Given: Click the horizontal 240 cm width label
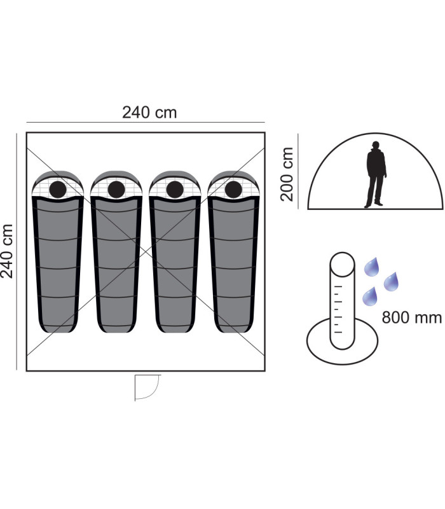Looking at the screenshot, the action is (x=149, y=113).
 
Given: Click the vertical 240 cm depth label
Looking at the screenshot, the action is (x=7, y=251).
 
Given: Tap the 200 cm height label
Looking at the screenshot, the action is (x=287, y=174).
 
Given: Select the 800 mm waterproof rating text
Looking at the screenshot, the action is (x=411, y=317).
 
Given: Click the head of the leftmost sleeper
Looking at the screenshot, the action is (x=58, y=190).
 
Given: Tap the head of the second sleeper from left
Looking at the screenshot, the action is (x=116, y=190).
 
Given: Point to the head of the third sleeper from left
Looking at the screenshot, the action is (x=175, y=190).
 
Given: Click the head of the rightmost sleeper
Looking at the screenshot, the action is (x=233, y=190).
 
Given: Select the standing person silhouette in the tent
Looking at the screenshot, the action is (x=376, y=174).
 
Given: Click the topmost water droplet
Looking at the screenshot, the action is (x=372, y=267).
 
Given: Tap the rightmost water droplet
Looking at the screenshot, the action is (x=391, y=282).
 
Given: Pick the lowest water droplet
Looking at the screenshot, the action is (x=370, y=296).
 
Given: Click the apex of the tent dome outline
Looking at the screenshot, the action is (x=375, y=133).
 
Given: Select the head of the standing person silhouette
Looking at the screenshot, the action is (x=376, y=145).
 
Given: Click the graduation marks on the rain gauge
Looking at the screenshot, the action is (x=338, y=309).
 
